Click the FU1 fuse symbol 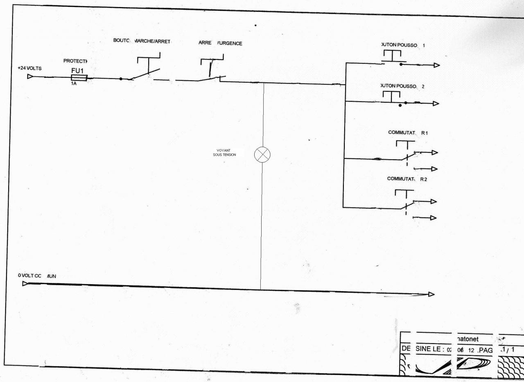(79, 78)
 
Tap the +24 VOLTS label (29, 68)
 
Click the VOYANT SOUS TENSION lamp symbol (262, 155)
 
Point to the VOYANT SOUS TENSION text (224, 153)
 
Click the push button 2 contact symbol (392, 98)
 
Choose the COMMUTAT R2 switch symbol (404, 201)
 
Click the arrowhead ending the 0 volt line (431, 294)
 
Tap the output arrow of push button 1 (436, 65)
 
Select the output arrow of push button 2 (436, 104)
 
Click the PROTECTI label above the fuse (76, 61)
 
